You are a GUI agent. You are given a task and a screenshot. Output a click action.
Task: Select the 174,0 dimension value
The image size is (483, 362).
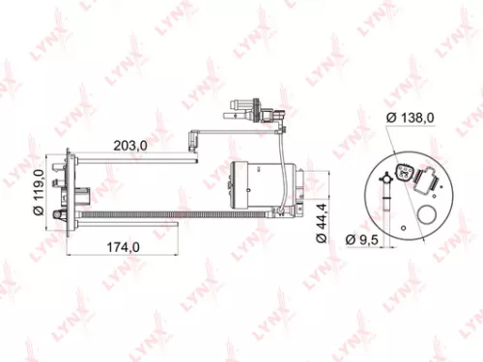pyautogui.click(x=122, y=247)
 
